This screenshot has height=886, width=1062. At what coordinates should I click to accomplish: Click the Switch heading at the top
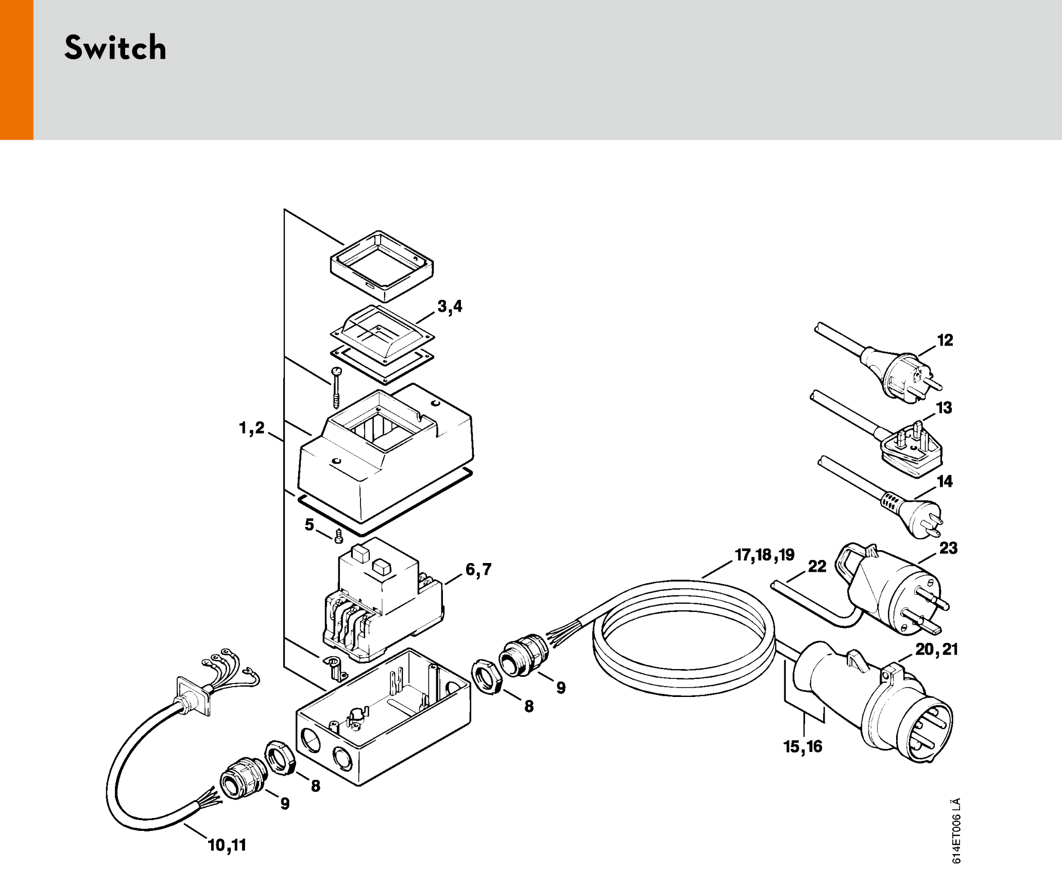(x=115, y=48)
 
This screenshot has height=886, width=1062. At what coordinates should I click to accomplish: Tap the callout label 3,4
(x=450, y=306)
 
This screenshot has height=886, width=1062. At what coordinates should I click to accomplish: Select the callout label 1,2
(x=251, y=428)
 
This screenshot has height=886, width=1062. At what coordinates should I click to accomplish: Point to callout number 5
(x=309, y=524)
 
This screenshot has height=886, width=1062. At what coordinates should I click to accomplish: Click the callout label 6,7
(x=478, y=569)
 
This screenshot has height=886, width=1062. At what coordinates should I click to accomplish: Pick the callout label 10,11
(x=227, y=845)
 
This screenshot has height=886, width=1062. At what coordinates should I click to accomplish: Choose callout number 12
(x=945, y=340)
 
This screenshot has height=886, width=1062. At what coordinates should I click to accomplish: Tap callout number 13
(x=944, y=408)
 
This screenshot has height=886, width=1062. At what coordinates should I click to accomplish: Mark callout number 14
(x=945, y=482)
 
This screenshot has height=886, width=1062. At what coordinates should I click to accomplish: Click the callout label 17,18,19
(x=764, y=555)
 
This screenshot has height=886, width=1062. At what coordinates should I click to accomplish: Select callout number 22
(x=817, y=567)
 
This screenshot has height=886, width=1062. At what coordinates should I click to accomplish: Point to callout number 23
(x=948, y=548)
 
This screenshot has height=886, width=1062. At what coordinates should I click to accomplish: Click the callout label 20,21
(x=936, y=649)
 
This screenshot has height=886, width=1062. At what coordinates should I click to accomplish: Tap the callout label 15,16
(x=802, y=746)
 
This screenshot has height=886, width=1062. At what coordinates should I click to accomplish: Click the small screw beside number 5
(x=338, y=536)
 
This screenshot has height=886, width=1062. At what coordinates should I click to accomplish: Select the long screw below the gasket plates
(x=336, y=387)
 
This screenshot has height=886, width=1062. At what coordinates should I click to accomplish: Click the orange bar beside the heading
(x=16, y=70)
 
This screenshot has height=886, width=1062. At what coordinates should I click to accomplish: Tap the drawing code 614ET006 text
(x=956, y=830)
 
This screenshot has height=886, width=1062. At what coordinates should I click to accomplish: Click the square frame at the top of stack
(x=382, y=266)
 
